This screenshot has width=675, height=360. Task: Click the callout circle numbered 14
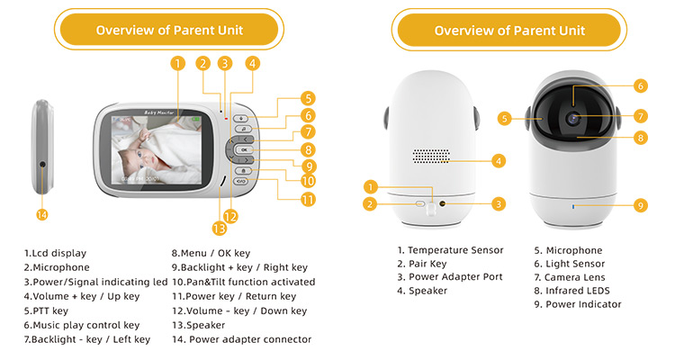tap(41, 214)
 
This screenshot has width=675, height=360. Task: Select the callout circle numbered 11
tap(308, 199)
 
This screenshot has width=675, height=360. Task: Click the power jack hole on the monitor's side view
tap(42, 165)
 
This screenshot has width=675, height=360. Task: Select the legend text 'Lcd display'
tap(55, 254)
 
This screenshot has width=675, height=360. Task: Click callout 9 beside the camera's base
tap(640, 205)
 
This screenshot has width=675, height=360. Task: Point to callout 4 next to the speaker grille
tap(498, 162)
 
